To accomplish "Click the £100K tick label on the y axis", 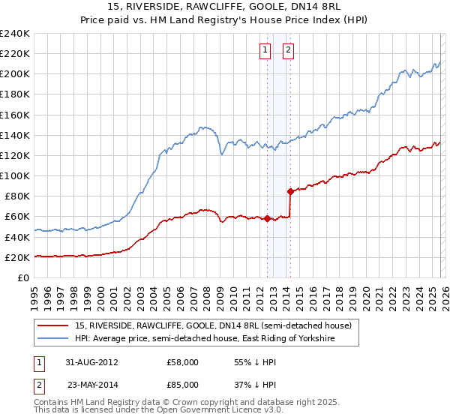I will point(15,175).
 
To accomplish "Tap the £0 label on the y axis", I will point(22,277).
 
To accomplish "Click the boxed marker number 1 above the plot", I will point(265,50).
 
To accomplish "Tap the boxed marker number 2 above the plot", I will point(288,50).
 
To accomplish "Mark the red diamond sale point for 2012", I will point(268,219).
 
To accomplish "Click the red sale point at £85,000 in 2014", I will point(290,191).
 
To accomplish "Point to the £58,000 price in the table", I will point(182,361).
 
